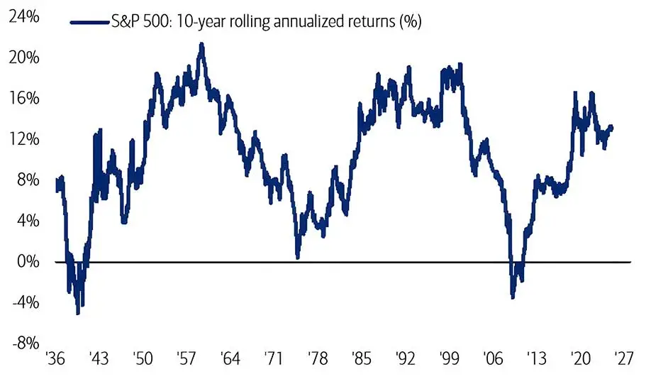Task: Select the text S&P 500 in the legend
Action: tap(132, 22)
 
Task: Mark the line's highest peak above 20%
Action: tap(201, 45)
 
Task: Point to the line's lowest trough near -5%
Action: tap(78, 312)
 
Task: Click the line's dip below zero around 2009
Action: tap(512, 296)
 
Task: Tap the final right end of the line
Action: tap(612, 128)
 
